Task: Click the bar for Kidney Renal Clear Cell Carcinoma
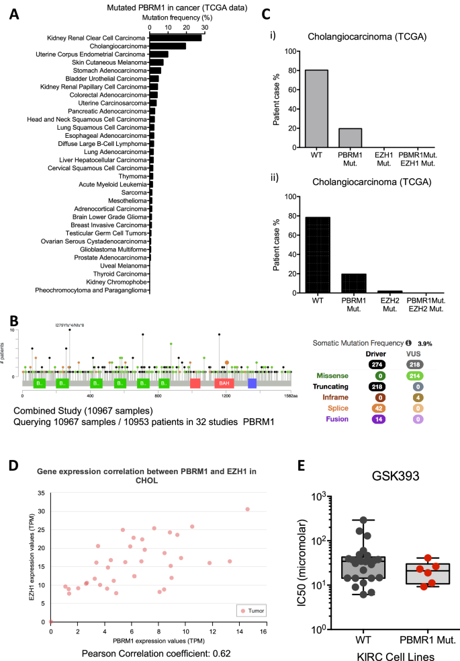click(175, 38)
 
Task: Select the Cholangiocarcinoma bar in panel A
click(167, 46)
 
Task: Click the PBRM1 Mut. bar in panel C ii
click(354, 274)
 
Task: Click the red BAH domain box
click(224, 383)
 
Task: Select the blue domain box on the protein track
click(252, 383)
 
